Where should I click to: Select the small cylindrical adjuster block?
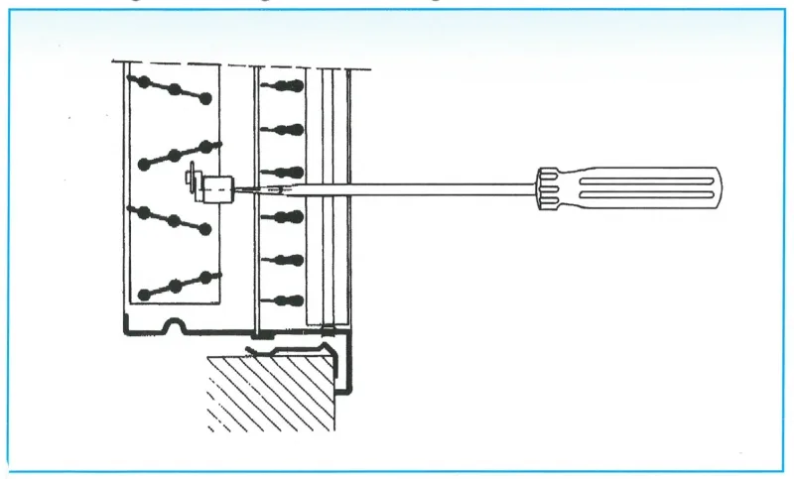click(x=217, y=184)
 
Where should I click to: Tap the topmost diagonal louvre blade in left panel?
click(x=174, y=89)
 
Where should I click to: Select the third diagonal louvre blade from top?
click(x=174, y=219)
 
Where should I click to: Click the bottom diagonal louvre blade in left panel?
click(x=177, y=285)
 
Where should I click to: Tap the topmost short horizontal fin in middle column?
click(x=282, y=86)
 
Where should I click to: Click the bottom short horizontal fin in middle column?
click(x=282, y=299)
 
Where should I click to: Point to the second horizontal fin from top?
click(x=282, y=129)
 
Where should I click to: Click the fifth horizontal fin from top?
click(x=282, y=260)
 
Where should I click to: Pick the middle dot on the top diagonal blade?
click(x=175, y=89)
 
